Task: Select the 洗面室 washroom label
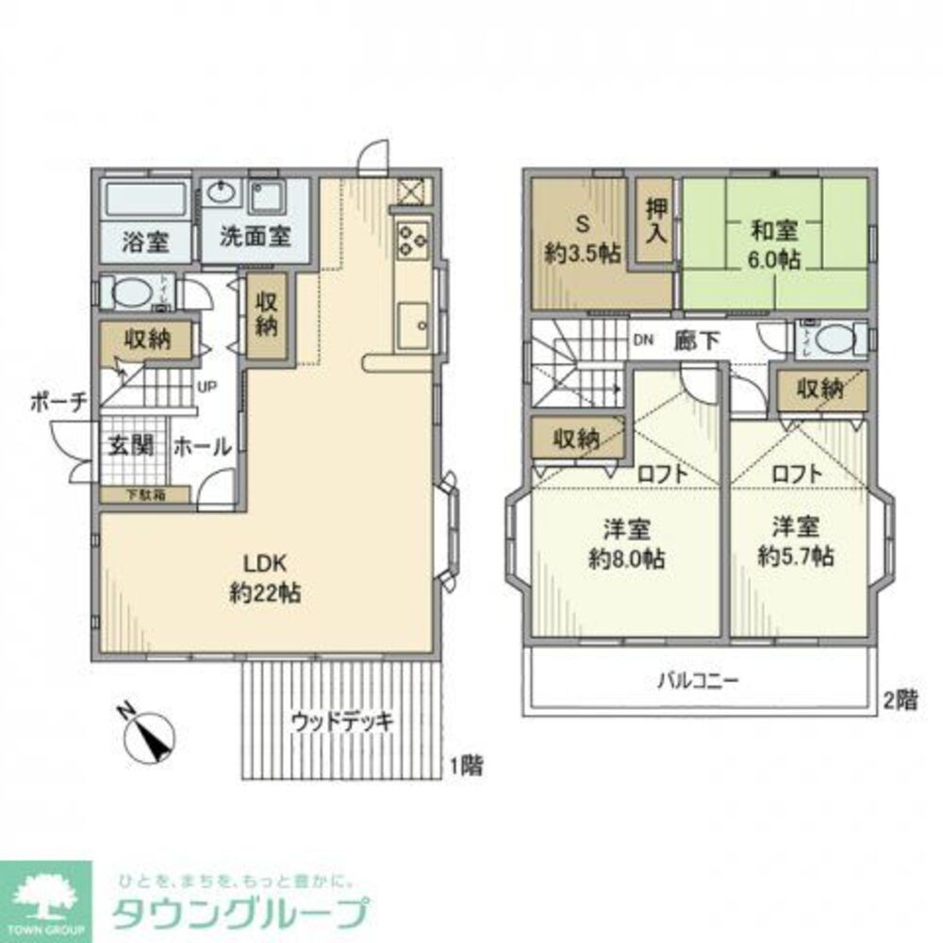[254, 236]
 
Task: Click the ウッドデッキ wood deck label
[340, 722]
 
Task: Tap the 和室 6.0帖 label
[775, 244]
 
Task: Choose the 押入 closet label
[656, 222]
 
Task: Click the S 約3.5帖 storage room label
[582, 240]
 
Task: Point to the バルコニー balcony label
[699, 679]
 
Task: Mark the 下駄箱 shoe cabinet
[144, 494]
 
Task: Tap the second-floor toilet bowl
[834, 339]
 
